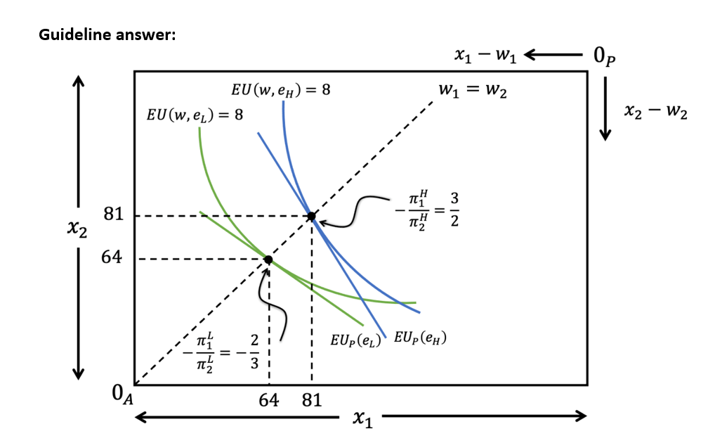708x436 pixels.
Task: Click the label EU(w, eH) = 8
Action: tap(280, 90)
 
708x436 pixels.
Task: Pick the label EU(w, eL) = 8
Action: tap(194, 114)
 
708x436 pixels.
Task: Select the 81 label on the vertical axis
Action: tap(112, 215)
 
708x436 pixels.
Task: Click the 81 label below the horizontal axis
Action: tap(311, 401)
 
